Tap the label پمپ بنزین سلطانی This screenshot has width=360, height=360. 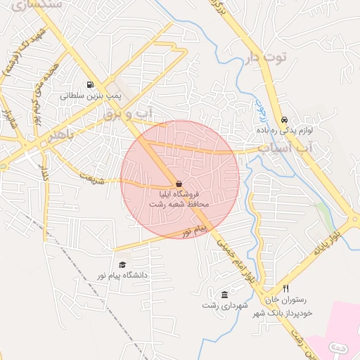91,95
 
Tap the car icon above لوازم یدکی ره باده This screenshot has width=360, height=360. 284,120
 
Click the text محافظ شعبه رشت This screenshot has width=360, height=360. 179,203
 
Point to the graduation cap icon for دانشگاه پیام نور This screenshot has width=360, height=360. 123,265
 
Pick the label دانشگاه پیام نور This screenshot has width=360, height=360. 123,275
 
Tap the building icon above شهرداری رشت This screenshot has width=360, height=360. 224,295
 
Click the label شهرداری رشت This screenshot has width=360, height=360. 222,305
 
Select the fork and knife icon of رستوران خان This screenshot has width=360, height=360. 285,289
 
